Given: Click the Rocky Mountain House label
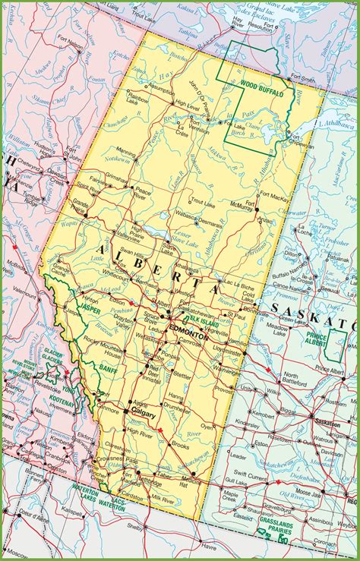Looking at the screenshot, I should [101, 350].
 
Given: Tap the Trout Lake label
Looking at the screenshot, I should [204, 201].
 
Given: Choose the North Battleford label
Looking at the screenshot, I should [292, 379].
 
